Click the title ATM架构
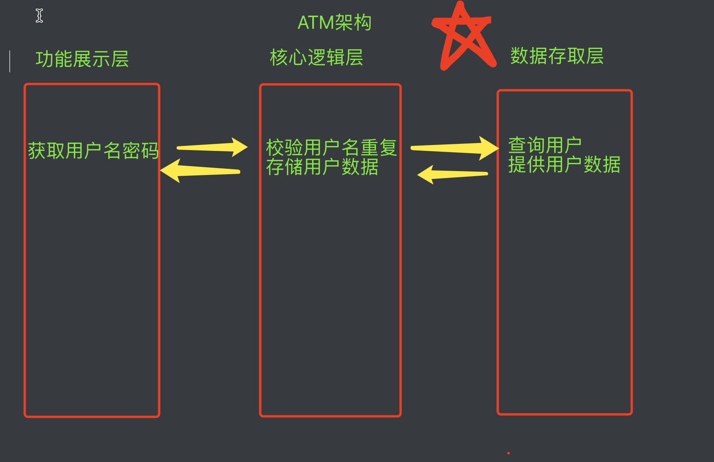click(x=334, y=23)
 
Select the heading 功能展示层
click(x=82, y=59)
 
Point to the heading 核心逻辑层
click(x=316, y=58)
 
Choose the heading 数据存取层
click(x=557, y=56)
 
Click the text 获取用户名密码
click(x=93, y=151)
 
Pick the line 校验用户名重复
click(x=331, y=148)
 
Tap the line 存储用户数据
click(x=322, y=167)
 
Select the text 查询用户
click(x=545, y=145)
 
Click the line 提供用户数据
click(x=564, y=164)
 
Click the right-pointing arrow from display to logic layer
click(x=212, y=147)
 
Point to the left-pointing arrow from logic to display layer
click(x=200, y=171)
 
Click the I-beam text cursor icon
click(x=39, y=16)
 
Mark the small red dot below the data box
click(x=508, y=453)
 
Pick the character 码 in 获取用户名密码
click(x=150, y=151)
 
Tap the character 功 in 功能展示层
click(x=44, y=59)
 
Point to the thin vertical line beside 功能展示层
click(x=10, y=61)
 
